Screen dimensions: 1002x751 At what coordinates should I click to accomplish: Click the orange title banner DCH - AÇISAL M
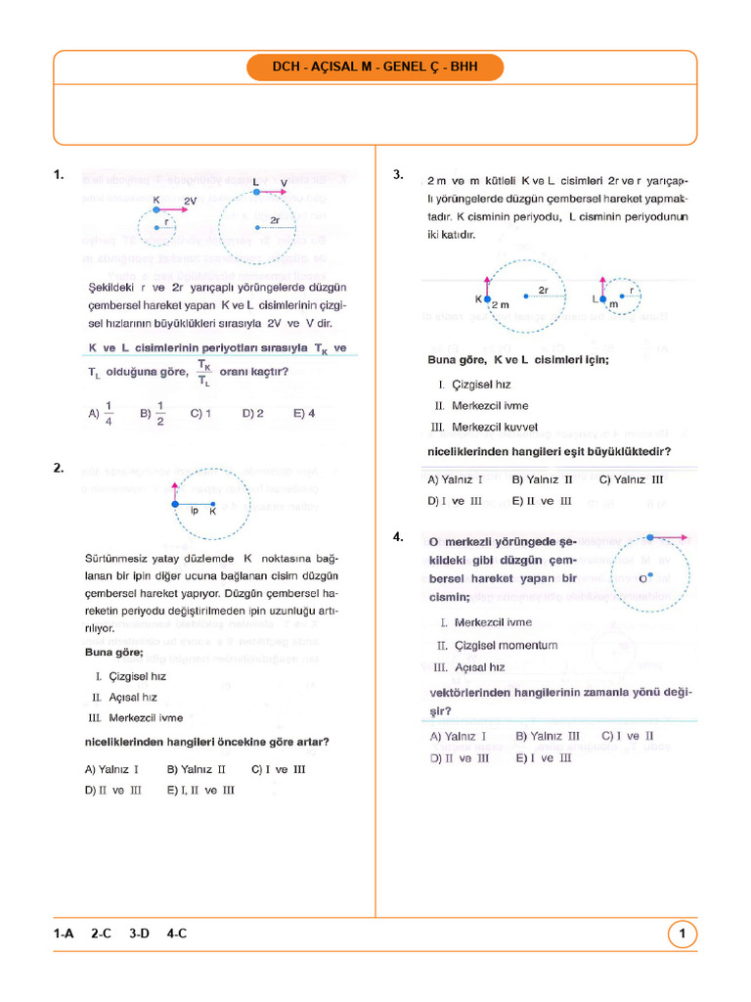coord(375,68)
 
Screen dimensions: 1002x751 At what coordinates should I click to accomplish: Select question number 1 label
coord(60,175)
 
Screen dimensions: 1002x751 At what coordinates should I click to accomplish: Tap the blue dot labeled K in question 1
coord(156,208)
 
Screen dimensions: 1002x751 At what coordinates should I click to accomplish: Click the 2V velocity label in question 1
coord(190,200)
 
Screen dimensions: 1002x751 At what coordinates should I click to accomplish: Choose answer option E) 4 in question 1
coord(304,413)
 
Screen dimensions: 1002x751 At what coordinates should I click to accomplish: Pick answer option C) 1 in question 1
coord(201,413)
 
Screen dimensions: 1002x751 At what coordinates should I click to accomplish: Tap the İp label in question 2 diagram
coord(194,511)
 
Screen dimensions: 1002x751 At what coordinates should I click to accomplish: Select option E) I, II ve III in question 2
coord(200,790)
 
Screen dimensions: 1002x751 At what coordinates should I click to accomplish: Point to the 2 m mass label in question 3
coord(500,305)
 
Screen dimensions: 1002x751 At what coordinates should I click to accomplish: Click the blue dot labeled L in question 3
coord(603,298)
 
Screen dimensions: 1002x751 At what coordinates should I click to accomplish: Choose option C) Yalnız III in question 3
coord(631,479)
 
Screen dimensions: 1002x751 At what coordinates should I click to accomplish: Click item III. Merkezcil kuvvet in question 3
coord(485,427)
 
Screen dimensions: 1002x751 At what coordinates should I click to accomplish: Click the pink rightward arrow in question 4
coord(670,536)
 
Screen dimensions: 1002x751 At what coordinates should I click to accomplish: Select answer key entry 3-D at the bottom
coord(139,934)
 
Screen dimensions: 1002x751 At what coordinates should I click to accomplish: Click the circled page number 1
coord(682,934)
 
